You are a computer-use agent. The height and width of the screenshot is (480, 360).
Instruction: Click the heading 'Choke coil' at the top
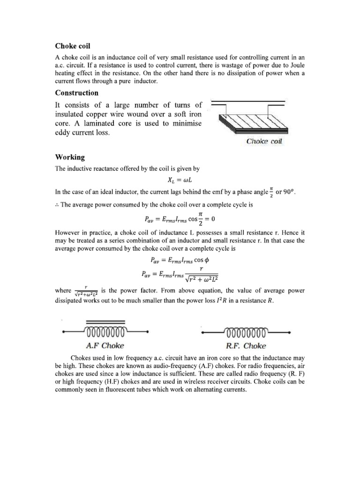[73, 46]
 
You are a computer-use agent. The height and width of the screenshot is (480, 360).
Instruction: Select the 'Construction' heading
[77, 93]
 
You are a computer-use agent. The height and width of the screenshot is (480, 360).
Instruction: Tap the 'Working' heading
[70, 157]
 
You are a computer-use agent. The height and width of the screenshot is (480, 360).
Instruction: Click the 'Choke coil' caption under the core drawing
[264, 141]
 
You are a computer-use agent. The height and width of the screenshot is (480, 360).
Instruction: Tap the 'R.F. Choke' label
[246, 346]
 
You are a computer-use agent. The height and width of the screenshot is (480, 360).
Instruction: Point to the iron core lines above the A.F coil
[105, 322]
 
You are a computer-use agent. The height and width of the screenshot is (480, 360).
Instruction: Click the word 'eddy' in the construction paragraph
[65, 133]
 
